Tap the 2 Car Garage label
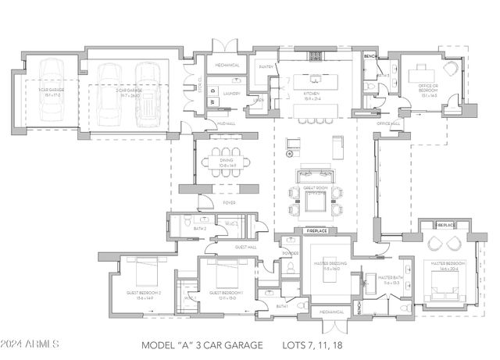129,92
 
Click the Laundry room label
230,93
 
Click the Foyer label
229,202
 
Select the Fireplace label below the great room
316,231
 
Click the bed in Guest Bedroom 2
145,270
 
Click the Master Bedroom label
448,265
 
